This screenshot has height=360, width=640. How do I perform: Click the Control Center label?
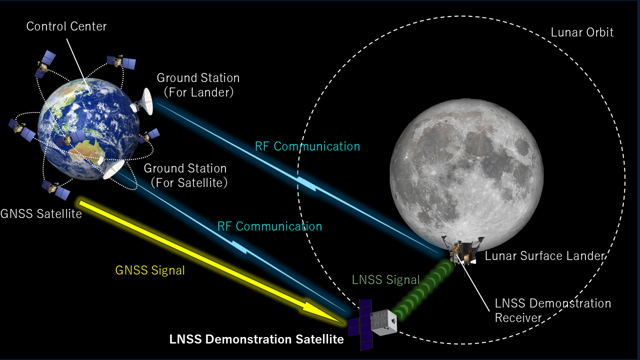(x=66, y=26)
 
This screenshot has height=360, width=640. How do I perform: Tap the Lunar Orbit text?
(x=582, y=32)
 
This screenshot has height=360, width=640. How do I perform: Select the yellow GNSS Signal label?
(x=150, y=270)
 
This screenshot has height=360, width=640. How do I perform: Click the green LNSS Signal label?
(x=385, y=279)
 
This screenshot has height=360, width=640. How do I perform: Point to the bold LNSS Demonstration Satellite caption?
(x=256, y=339)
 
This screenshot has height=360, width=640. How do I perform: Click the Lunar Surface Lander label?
(x=545, y=256)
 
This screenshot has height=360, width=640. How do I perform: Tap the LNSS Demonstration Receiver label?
(x=553, y=310)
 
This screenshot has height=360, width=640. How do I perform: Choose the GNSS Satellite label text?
(x=41, y=213)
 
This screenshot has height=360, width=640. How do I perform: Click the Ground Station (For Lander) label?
(x=198, y=85)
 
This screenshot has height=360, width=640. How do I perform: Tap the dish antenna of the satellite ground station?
(x=113, y=169)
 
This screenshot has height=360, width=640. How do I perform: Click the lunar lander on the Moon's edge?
(x=463, y=251)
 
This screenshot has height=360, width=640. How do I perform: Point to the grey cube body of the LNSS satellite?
(x=383, y=322)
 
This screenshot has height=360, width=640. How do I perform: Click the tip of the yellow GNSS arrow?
(x=343, y=323)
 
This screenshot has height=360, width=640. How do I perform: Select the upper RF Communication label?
(x=307, y=146)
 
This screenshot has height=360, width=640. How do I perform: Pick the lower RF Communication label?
(x=269, y=226)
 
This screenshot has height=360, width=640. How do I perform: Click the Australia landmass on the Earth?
(x=88, y=149)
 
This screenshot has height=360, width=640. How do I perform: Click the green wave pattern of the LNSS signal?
(x=422, y=290)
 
